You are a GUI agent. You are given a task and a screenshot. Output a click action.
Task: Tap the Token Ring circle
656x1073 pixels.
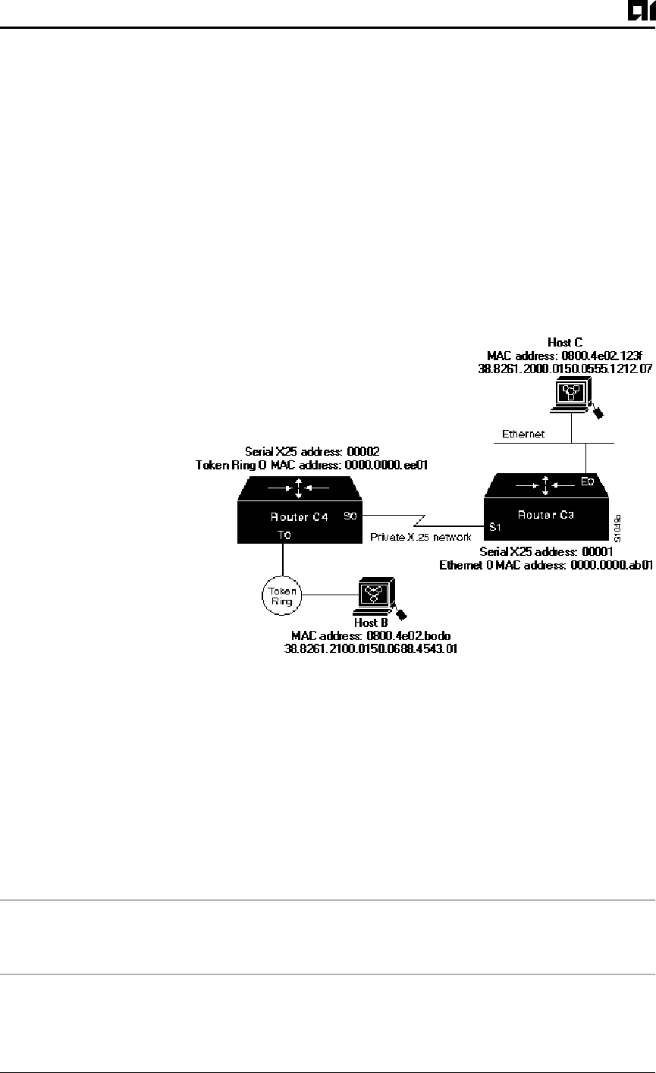click(x=282, y=595)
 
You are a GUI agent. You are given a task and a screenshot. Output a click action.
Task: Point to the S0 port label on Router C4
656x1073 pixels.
click(x=350, y=515)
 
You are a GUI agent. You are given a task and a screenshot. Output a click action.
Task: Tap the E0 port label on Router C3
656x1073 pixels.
click(x=587, y=482)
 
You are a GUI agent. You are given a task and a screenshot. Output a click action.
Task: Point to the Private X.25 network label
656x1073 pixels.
click(x=420, y=536)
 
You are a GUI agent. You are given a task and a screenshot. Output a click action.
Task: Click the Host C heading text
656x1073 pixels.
click(x=565, y=343)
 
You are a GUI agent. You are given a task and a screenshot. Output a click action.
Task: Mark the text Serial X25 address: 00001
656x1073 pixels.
click(x=541, y=553)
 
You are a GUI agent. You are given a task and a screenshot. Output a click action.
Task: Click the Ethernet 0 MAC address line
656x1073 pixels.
click(x=546, y=565)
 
